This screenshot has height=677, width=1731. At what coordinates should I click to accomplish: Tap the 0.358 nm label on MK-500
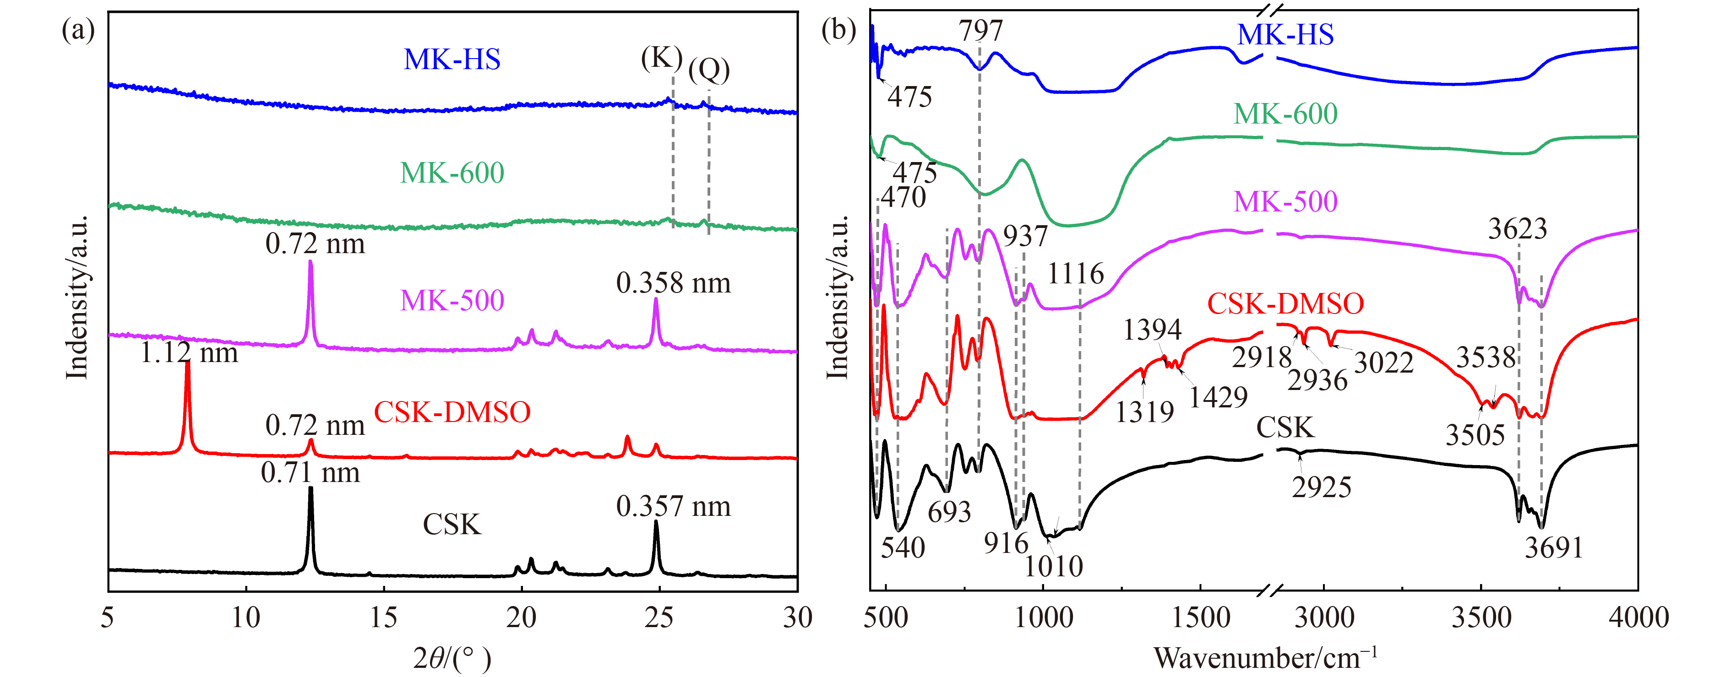point(673,283)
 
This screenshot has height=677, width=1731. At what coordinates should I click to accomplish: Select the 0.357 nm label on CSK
point(673,506)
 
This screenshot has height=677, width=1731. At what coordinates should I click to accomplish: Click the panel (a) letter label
point(78,30)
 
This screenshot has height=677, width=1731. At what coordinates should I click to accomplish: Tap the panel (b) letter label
point(838,30)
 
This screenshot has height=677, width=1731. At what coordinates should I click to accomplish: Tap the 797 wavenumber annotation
point(980,30)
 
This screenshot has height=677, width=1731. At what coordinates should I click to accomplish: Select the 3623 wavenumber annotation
point(1517,229)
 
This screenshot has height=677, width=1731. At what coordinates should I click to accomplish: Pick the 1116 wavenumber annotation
point(1076,273)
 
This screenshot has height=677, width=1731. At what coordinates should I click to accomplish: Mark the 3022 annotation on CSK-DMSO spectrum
point(1383,363)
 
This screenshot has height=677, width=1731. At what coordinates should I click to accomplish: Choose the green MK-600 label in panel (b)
point(1285,114)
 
